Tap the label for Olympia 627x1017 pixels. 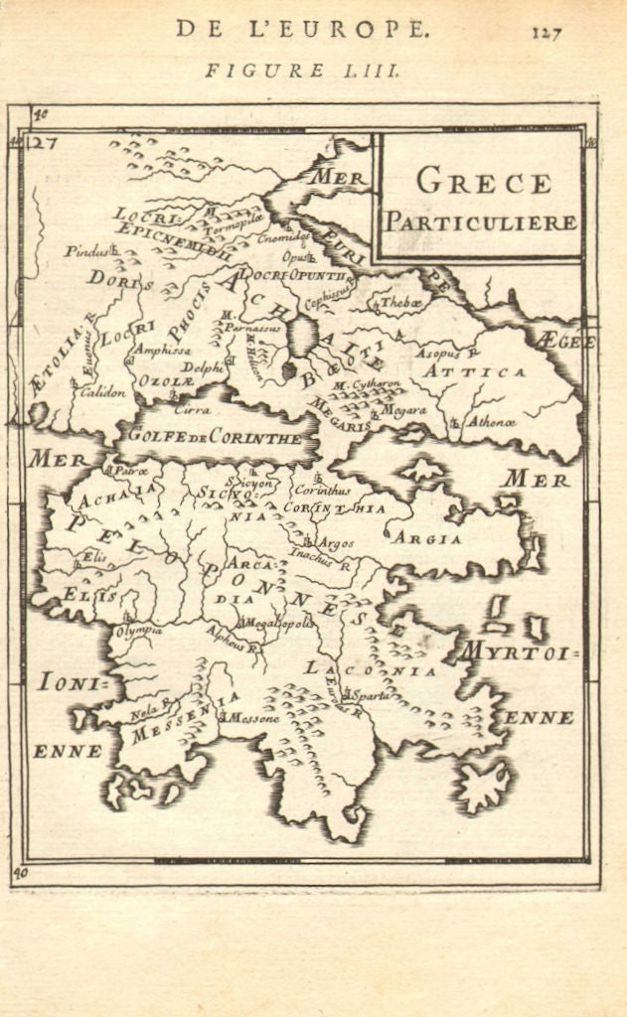(139, 632)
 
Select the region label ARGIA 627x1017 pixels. (426, 539)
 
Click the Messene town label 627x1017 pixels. (255, 717)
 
